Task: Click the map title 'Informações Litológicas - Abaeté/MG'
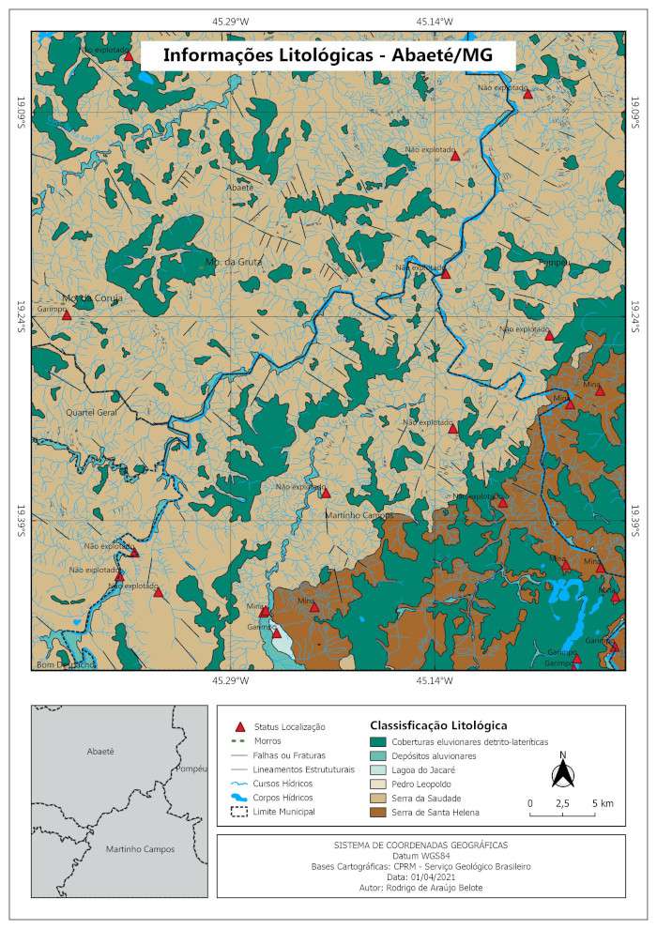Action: coord(328,55)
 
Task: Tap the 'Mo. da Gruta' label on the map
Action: coord(234,262)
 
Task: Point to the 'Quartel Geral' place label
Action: coord(91,412)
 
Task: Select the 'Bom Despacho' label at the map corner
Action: coord(65,664)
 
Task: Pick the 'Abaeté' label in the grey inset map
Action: coord(99,752)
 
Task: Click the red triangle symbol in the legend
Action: coord(239,726)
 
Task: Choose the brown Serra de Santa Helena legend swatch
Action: coord(378,812)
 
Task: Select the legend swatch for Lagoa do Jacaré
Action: coord(378,769)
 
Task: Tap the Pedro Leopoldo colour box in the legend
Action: coord(378,784)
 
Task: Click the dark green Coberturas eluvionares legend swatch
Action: coord(378,741)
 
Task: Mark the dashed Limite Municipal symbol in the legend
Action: coord(239,811)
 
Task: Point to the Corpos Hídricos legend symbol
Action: coord(239,797)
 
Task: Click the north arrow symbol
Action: coord(562,774)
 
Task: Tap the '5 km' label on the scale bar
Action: coord(603,804)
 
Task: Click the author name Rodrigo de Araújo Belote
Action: coord(420,887)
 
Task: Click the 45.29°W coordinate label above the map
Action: coord(230,20)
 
